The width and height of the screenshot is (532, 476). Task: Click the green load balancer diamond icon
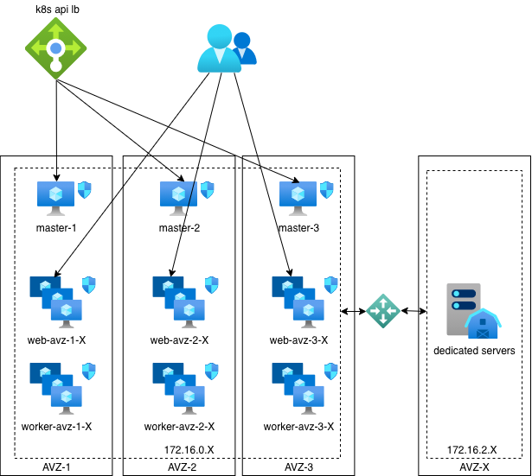[x=56, y=48]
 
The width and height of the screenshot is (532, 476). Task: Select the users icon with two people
[x=226, y=49]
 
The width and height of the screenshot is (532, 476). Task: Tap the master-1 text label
[x=57, y=228]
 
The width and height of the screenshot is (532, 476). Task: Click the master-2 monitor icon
[x=178, y=198]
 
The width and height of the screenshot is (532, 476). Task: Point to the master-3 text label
[x=299, y=228]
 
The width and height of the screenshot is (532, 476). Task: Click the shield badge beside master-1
[x=85, y=190]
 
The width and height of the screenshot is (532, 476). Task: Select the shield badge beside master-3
[x=327, y=190]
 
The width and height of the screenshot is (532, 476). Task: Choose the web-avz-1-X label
[x=57, y=340]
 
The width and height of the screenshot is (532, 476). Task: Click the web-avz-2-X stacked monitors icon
[x=178, y=301]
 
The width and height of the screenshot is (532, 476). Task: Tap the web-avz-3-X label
[x=299, y=340]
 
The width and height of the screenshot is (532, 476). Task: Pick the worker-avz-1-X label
[x=57, y=427]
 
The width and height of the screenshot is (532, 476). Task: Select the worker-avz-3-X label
[x=299, y=427]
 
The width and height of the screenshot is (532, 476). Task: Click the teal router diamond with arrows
[x=383, y=311]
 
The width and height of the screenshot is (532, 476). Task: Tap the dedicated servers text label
[x=474, y=351]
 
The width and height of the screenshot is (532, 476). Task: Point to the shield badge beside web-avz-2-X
[x=212, y=285]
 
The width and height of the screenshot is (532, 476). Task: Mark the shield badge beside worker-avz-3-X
[x=331, y=371]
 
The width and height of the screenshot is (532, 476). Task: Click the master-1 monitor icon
[x=56, y=198]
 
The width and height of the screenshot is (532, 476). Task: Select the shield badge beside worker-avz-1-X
[x=89, y=371]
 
